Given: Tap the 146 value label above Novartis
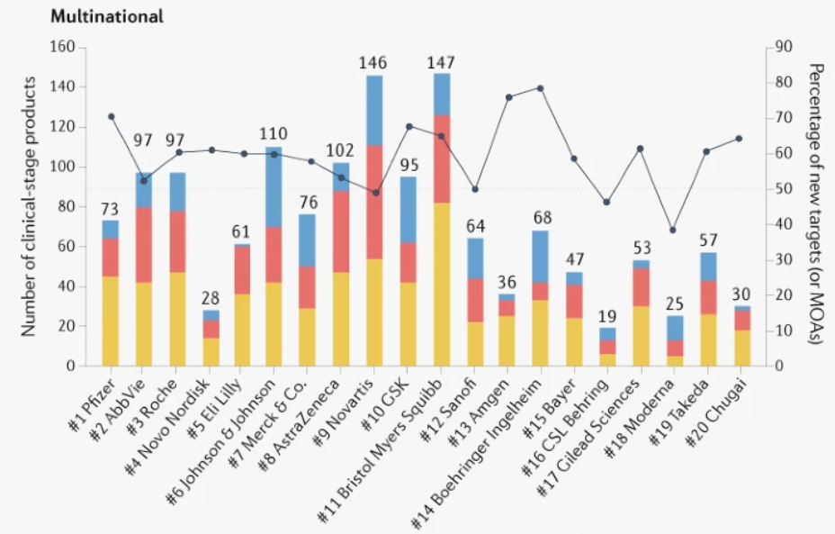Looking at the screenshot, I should tap(374, 63).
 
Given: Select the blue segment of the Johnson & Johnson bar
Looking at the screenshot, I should tap(274, 186).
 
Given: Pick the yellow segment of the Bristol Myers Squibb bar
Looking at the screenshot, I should tap(442, 285).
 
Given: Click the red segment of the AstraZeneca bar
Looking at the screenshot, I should tap(341, 231).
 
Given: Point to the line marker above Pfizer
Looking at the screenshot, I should tap(111, 116).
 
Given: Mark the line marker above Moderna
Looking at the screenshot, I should tap(672, 231).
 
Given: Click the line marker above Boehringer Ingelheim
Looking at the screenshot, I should tap(540, 88).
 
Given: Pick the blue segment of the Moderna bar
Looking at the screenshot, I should tap(672, 328).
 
